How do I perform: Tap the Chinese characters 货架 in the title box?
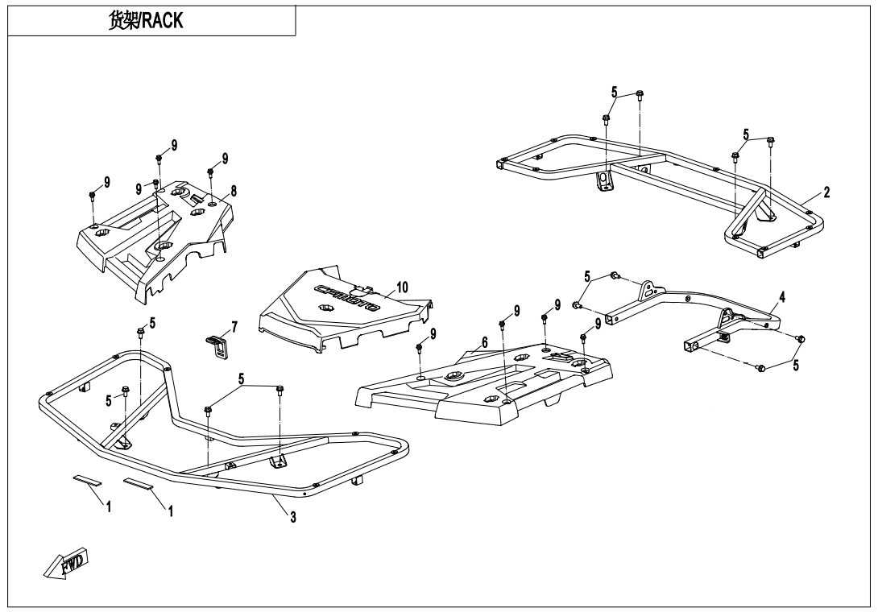pyautogui.click(x=124, y=21)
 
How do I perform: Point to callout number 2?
pyautogui.click(x=826, y=192)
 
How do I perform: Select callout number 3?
pyautogui.click(x=292, y=518)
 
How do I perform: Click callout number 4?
pyautogui.click(x=782, y=296)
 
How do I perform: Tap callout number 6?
pyautogui.click(x=484, y=341)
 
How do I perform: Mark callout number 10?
pyautogui.click(x=402, y=286)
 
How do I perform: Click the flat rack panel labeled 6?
pyautogui.click(x=483, y=387)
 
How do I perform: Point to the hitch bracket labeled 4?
pyautogui.click(x=693, y=310)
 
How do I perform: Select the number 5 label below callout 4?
pyautogui.click(x=797, y=365)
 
